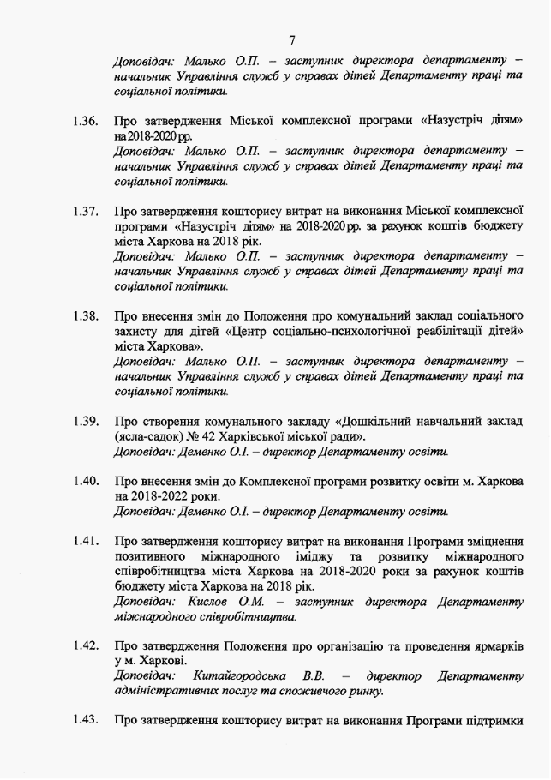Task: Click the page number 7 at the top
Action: (x=292, y=39)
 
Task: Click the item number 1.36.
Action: (x=87, y=121)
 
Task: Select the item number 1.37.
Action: (x=87, y=210)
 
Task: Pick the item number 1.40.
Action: (x=87, y=481)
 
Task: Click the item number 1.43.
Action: (x=87, y=721)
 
